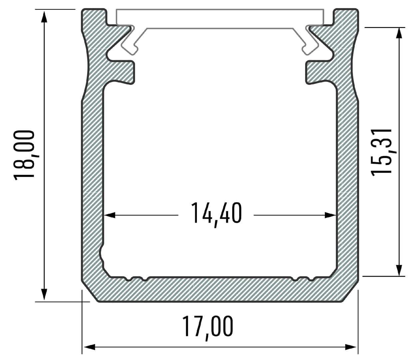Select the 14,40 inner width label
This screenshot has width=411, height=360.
[216, 214]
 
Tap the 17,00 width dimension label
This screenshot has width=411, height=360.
[207, 327]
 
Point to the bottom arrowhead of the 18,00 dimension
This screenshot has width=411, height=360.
[44, 295]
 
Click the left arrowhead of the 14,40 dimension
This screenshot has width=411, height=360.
[110, 215]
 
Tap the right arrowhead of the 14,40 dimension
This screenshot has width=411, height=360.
[330, 215]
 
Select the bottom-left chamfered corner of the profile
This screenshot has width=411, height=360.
[90, 292]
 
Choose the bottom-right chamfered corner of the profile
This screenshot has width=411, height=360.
[350, 292]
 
